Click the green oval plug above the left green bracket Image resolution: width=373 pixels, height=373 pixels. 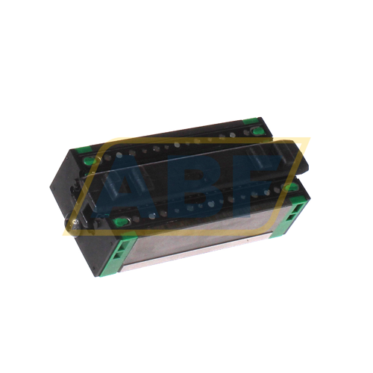click(x=122, y=222)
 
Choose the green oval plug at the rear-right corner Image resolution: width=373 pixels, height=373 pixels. click(x=258, y=131)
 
